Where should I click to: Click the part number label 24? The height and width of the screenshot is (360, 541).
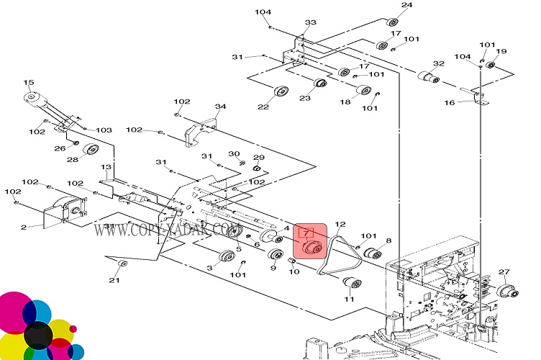click(406, 6)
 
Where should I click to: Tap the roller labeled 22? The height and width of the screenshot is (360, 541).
click(281, 92)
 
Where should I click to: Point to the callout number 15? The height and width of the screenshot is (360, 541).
click(29, 83)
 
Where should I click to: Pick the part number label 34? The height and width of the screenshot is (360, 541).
click(220, 107)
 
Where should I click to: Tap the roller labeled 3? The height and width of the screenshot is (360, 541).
click(227, 258)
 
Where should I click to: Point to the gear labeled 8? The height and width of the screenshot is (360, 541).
click(373, 253)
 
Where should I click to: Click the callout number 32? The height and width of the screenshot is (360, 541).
click(439, 64)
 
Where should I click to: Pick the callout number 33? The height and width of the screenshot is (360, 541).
click(310, 23)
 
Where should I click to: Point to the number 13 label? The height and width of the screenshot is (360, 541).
click(106, 167)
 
